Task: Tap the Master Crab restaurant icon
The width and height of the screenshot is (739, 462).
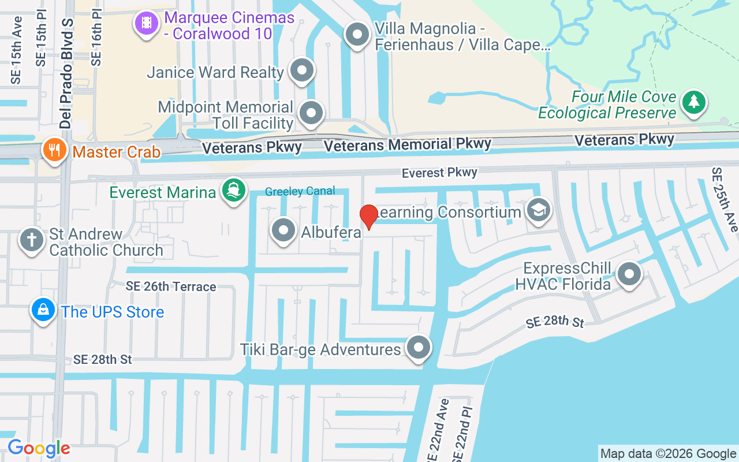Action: (55, 150)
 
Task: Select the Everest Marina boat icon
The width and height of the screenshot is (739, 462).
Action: (233, 191)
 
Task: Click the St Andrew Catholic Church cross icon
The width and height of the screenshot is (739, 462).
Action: (32, 240)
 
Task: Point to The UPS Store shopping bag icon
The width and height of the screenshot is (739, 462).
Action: (43, 311)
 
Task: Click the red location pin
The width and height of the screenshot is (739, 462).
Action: (368, 217)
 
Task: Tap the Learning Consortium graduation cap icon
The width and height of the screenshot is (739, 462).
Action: (539, 210)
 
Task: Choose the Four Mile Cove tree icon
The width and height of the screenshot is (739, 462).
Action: (694, 102)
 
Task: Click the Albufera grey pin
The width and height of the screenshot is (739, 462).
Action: (283, 230)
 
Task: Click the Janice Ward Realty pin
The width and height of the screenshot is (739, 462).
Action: (301, 71)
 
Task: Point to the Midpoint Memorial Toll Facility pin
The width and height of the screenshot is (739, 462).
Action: (312, 113)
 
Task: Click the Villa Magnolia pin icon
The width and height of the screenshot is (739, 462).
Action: (357, 35)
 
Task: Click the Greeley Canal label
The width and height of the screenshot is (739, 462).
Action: (300, 192)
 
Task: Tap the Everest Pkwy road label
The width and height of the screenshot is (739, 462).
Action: (439, 173)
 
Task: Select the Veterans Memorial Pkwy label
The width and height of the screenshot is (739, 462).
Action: (408, 144)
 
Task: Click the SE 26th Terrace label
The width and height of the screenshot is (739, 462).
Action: (171, 286)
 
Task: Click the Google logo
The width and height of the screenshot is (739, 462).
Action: (39, 448)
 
